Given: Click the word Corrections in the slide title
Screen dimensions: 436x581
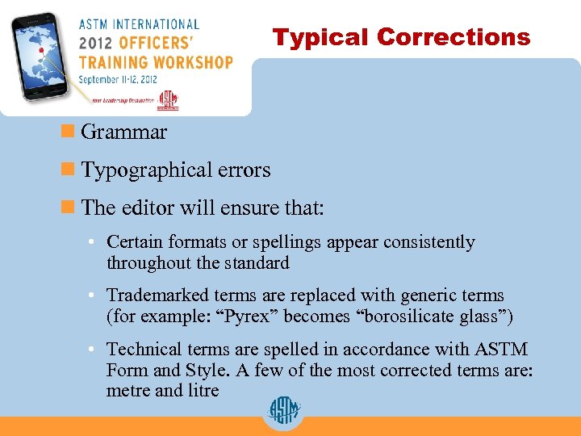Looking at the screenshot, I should tap(454, 37).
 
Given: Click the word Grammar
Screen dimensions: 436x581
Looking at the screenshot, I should tap(124, 132).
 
